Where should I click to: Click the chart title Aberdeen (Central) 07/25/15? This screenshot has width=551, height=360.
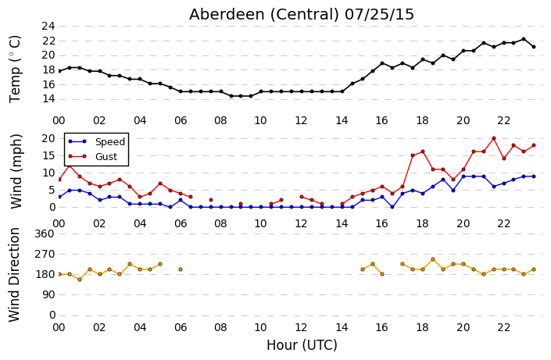tap(302, 15)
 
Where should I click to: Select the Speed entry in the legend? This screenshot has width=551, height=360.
tap(110, 141)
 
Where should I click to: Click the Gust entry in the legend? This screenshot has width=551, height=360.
tap(106, 157)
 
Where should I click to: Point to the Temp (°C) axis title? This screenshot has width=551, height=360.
tap(15, 70)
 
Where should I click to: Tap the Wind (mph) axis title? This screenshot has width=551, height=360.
tap(16, 171)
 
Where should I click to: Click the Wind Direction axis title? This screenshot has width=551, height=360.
tap(14, 275)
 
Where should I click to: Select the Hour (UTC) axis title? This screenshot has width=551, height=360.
tap(302, 345)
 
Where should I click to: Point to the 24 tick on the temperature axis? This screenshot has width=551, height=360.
tap(48, 27)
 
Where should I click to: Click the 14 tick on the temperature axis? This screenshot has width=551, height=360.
tap(48, 99)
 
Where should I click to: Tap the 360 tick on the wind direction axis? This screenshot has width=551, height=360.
tap(45, 233)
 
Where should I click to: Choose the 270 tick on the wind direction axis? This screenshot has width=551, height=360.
tap(45, 254)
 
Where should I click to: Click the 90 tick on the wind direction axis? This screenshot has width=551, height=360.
tap(48, 294)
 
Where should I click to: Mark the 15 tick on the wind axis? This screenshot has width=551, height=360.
tap(48, 155)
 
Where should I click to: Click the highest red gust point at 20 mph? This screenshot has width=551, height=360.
tap(494, 138)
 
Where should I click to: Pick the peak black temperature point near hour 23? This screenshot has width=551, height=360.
tap(524, 39)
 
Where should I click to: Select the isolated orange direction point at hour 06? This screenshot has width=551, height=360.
tap(181, 269)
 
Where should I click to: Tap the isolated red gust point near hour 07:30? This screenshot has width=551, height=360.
tap(211, 200)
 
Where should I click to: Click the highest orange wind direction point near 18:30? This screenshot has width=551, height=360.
tap(433, 259)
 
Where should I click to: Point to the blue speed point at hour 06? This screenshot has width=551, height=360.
tap(181, 200)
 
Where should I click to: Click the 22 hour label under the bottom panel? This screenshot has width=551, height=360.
tap(503, 328)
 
